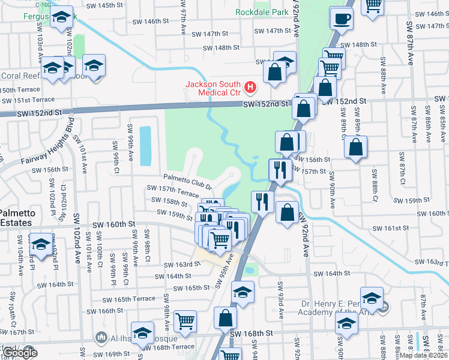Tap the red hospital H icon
click(250, 88)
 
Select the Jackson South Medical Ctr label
click(212, 88)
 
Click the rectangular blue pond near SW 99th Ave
click(145, 146)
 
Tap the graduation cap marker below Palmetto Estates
click(41, 246)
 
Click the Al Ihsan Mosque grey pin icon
click(100, 337)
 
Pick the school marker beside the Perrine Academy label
click(372, 298)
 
